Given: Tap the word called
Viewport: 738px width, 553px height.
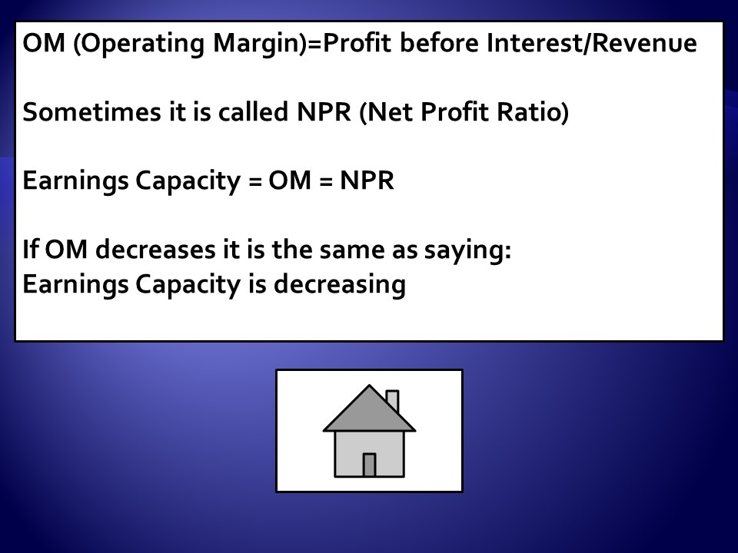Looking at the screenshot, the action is (253, 111).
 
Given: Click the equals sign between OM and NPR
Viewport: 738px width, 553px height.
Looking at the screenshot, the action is (326, 181).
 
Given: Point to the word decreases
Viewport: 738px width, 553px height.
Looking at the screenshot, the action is (155, 249).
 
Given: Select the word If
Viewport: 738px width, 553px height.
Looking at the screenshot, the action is (30, 249).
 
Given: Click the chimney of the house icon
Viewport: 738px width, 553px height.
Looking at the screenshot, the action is (393, 401).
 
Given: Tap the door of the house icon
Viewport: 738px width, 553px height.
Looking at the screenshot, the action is (370, 465).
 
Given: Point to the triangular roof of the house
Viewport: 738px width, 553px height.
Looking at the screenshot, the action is (370, 412).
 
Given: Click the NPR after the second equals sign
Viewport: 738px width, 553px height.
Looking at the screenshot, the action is (367, 180).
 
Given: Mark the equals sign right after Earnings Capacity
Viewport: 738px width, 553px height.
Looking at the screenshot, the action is (254, 181).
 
